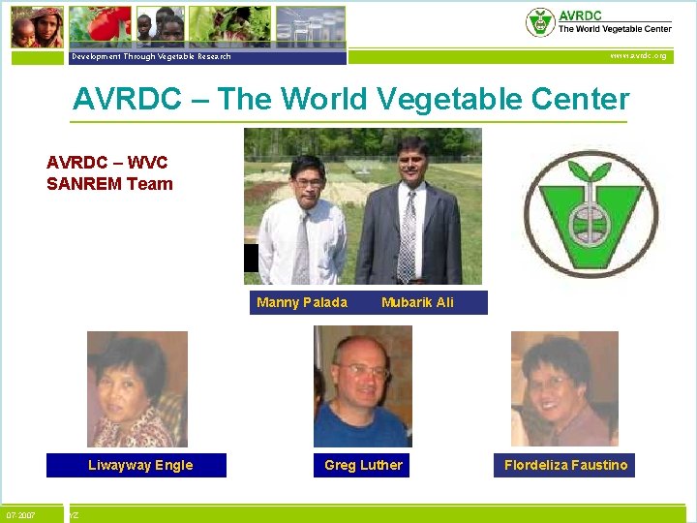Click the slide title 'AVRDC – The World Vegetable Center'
(x=350, y=100)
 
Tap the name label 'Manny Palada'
(x=302, y=302)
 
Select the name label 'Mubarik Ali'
(x=417, y=302)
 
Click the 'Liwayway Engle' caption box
(x=140, y=465)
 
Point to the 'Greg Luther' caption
(x=363, y=465)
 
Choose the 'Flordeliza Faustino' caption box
(x=565, y=465)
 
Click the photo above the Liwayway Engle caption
(x=137, y=388)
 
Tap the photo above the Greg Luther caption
(x=363, y=386)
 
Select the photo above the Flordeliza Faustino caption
(x=564, y=388)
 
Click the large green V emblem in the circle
(x=589, y=214)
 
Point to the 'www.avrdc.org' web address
(x=638, y=56)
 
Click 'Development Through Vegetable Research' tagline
(x=151, y=56)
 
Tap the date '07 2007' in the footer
(x=21, y=514)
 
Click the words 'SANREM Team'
(x=109, y=184)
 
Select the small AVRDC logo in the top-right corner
(x=540, y=22)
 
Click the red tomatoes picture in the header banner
(x=99, y=25)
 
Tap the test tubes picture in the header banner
(x=310, y=25)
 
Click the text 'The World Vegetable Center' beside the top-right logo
(x=615, y=29)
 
